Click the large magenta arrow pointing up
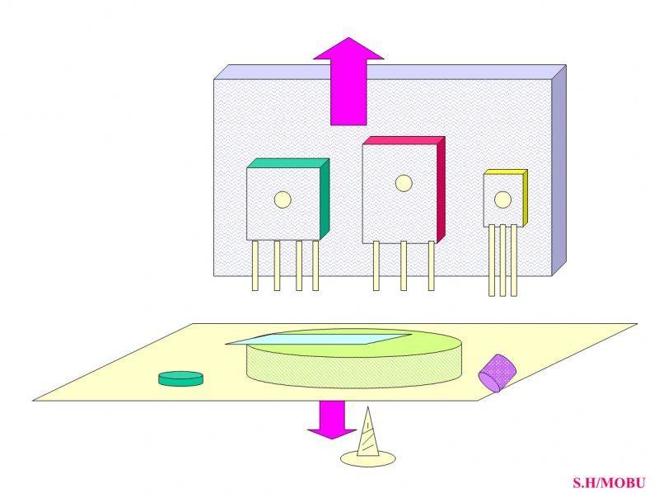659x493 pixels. tap(348, 84)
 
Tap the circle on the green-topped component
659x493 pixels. tap(283, 200)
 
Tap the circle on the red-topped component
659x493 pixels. tap(404, 183)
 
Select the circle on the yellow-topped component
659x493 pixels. tap(502, 200)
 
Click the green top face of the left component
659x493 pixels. tap(287, 163)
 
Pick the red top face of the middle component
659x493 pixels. tap(404, 140)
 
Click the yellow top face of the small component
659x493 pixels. tap(505, 172)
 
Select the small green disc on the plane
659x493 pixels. tap(180, 378)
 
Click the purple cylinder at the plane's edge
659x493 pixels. tap(498, 373)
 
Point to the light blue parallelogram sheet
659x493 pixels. tap(319, 339)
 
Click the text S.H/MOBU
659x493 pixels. tap(609, 482)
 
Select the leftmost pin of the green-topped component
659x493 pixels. tap(255, 265)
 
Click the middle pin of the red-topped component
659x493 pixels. tap(404, 265)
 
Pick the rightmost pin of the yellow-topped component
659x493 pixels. tap(513, 261)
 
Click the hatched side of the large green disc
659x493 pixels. tap(354, 370)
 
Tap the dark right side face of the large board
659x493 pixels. tap(559, 171)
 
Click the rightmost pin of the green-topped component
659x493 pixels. tap(315, 265)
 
